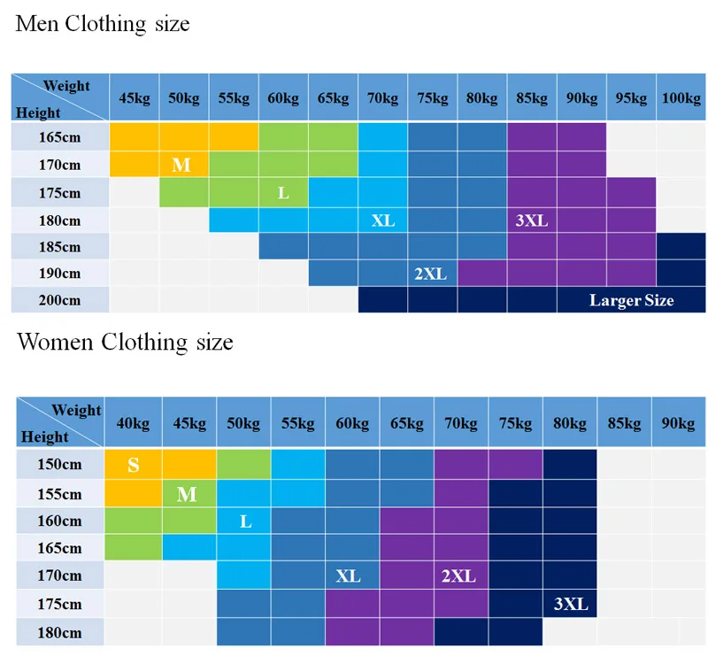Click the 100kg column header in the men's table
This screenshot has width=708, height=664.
[x=681, y=98]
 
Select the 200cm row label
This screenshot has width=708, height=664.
[x=59, y=300]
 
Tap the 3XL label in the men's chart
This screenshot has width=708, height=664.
[x=532, y=220]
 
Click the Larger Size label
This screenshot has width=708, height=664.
[x=631, y=300]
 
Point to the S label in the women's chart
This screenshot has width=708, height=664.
[x=134, y=465]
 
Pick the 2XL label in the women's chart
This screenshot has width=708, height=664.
[x=458, y=576]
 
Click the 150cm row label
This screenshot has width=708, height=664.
[x=59, y=464]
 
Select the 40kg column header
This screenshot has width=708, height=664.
[x=133, y=423]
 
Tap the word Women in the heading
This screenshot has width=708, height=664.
[x=55, y=342]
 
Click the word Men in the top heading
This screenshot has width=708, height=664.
[x=37, y=24]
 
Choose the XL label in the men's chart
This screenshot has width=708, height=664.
[x=383, y=220]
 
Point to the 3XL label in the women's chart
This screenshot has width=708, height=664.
[x=571, y=604]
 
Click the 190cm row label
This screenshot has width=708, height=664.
[x=59, y=274]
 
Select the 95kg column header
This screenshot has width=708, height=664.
[x=631, y=98]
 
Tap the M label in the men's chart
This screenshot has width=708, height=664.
[x=181, y=165]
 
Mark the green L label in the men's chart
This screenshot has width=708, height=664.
[x=283, y=193]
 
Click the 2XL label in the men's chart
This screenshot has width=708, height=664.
[x=430, y=274]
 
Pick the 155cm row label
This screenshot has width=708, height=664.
[x=59, y=494]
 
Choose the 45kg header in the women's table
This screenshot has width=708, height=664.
[x=189, y=423]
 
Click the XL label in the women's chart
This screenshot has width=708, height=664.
[x=348, y=576]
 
